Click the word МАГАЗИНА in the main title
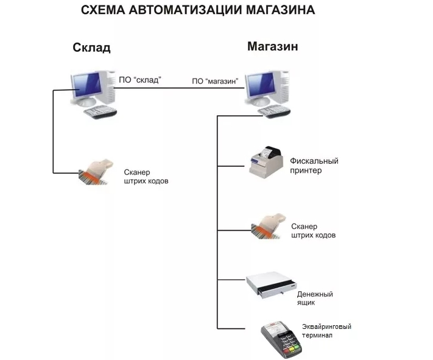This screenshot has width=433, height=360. (x=280, y=10)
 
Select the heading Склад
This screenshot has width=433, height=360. (x=91, y=48)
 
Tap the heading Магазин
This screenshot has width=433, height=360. (x=273, y=46)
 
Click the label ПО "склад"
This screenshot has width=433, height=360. (x=139, y=80)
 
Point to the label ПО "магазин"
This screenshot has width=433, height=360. (x=215, y=81)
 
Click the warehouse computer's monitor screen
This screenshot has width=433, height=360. (x=86, y=85)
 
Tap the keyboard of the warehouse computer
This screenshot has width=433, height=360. (x=100, y=112)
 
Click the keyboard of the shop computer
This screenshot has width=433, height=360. (x=274, y=111)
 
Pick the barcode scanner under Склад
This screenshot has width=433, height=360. (x=96, y=172)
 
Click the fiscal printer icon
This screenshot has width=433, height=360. (x=267, y=163)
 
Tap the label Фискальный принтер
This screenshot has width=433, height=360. (x=314, y=166)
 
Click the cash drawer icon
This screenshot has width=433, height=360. (x=272, y=285)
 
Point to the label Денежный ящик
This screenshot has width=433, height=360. (x=315, y=298)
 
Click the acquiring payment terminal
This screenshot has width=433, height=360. (x=281, y=339)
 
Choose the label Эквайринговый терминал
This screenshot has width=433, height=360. (x=326, y=331)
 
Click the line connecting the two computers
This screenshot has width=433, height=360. (x=179, y=88)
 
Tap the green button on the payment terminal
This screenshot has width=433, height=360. (x=297, y=346)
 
